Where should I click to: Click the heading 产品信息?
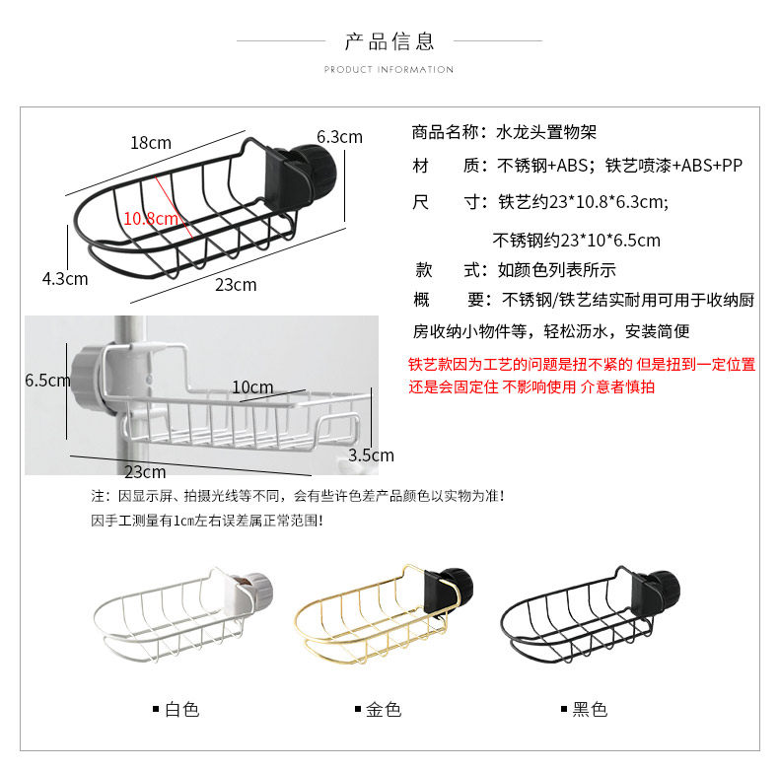389,40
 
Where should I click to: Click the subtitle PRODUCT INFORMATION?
389,70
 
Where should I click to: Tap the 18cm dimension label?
151,143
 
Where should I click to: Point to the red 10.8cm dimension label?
151,218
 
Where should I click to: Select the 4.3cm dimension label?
65,279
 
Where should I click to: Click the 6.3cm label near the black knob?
339,137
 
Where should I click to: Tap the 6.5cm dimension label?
47,380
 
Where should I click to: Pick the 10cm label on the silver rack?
252,387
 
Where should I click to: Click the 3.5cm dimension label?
372,455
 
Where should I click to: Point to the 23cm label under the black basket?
236,285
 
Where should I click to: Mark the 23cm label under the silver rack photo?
145,471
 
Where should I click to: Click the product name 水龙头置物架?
545,131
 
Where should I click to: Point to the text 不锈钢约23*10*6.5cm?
576,240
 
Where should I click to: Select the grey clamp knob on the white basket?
257,590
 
